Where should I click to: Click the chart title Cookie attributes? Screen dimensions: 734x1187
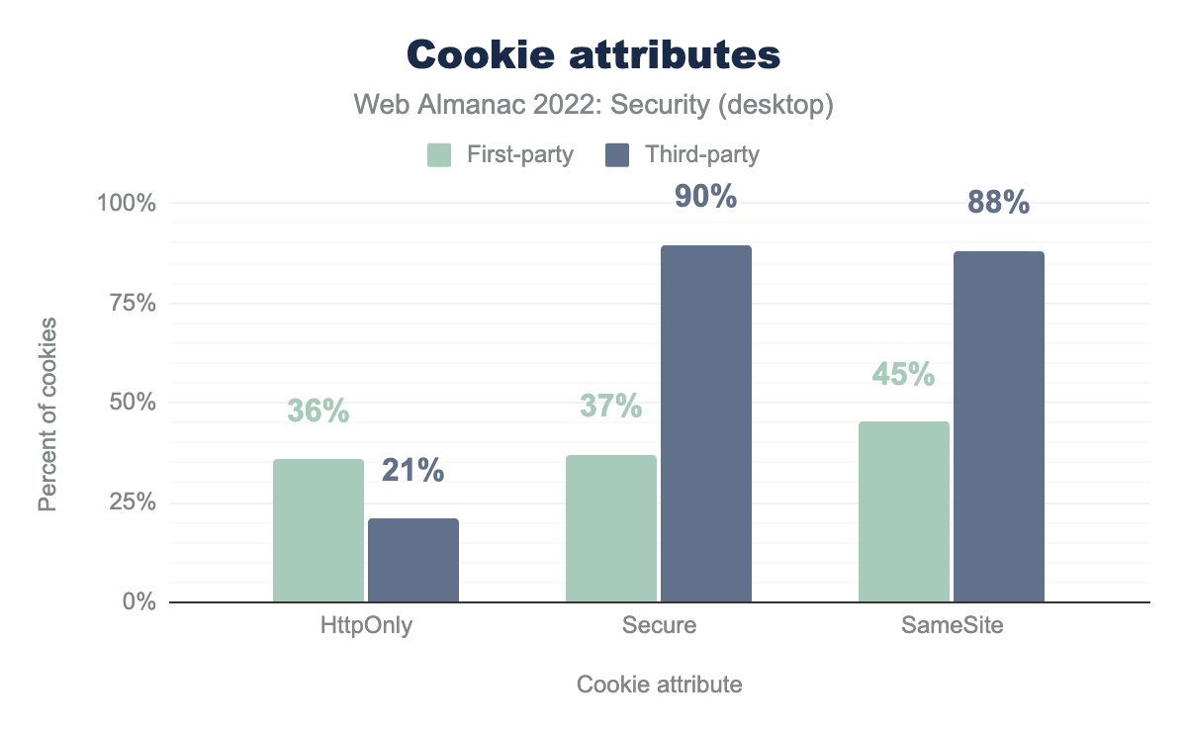click(x=593, y=54)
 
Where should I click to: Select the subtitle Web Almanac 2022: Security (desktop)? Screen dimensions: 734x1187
click(x=593, y=105)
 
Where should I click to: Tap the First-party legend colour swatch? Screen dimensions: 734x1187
click(x=439, y=155)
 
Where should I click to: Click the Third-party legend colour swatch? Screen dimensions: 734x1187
click(x=618, y=155)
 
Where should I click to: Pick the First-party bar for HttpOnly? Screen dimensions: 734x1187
click(x=318, y=530)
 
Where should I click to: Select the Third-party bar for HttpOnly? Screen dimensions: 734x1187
click(x=412, y=560)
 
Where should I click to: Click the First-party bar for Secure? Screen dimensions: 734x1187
click(x=610, y=528)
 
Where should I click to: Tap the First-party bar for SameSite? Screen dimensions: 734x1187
click(x=903, y=511)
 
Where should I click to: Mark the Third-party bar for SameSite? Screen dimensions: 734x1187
click(x=998, y=426)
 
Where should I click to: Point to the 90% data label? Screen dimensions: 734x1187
click(x=705, y=197)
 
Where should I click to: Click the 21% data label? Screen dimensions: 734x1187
click(x=412, y=471)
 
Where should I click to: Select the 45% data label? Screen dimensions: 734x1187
click(x=903, y=374)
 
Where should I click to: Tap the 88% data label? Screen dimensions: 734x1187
click(x=998, y=203)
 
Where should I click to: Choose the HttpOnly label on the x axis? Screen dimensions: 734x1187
click(x=366, y=626)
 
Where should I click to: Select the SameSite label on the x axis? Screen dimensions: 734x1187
click(x=952, y=626)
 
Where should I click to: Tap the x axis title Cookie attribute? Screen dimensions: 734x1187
click(x=659, y=685)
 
